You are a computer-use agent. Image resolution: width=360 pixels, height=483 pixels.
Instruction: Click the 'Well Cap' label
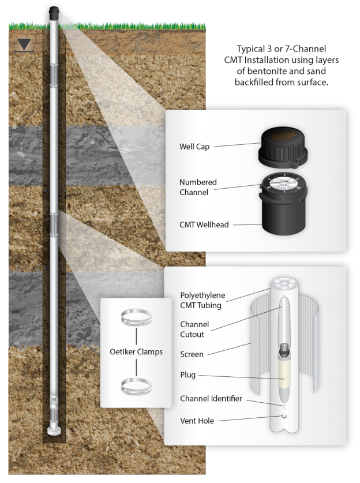pos(194,147)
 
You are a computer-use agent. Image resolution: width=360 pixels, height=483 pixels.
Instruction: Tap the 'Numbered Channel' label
pos(198,187)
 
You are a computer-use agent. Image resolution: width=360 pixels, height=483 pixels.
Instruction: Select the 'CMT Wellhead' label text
pos(204,225)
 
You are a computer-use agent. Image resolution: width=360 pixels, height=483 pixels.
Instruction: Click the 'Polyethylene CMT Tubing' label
pos(202,301)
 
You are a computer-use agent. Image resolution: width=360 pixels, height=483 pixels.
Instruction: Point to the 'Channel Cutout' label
pos(194,329)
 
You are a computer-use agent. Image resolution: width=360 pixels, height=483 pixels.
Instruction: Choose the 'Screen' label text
pos(192,354)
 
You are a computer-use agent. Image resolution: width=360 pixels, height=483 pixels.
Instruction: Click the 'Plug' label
pos(188,375)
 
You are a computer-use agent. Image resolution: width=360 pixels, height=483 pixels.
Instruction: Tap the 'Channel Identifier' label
pos(211,399)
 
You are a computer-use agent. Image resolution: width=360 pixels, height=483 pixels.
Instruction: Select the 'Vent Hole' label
pos(197,421)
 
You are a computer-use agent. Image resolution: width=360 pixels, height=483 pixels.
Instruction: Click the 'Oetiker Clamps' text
pos(136,351)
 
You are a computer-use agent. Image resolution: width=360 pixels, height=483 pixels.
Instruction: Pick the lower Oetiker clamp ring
pos(137,385)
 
